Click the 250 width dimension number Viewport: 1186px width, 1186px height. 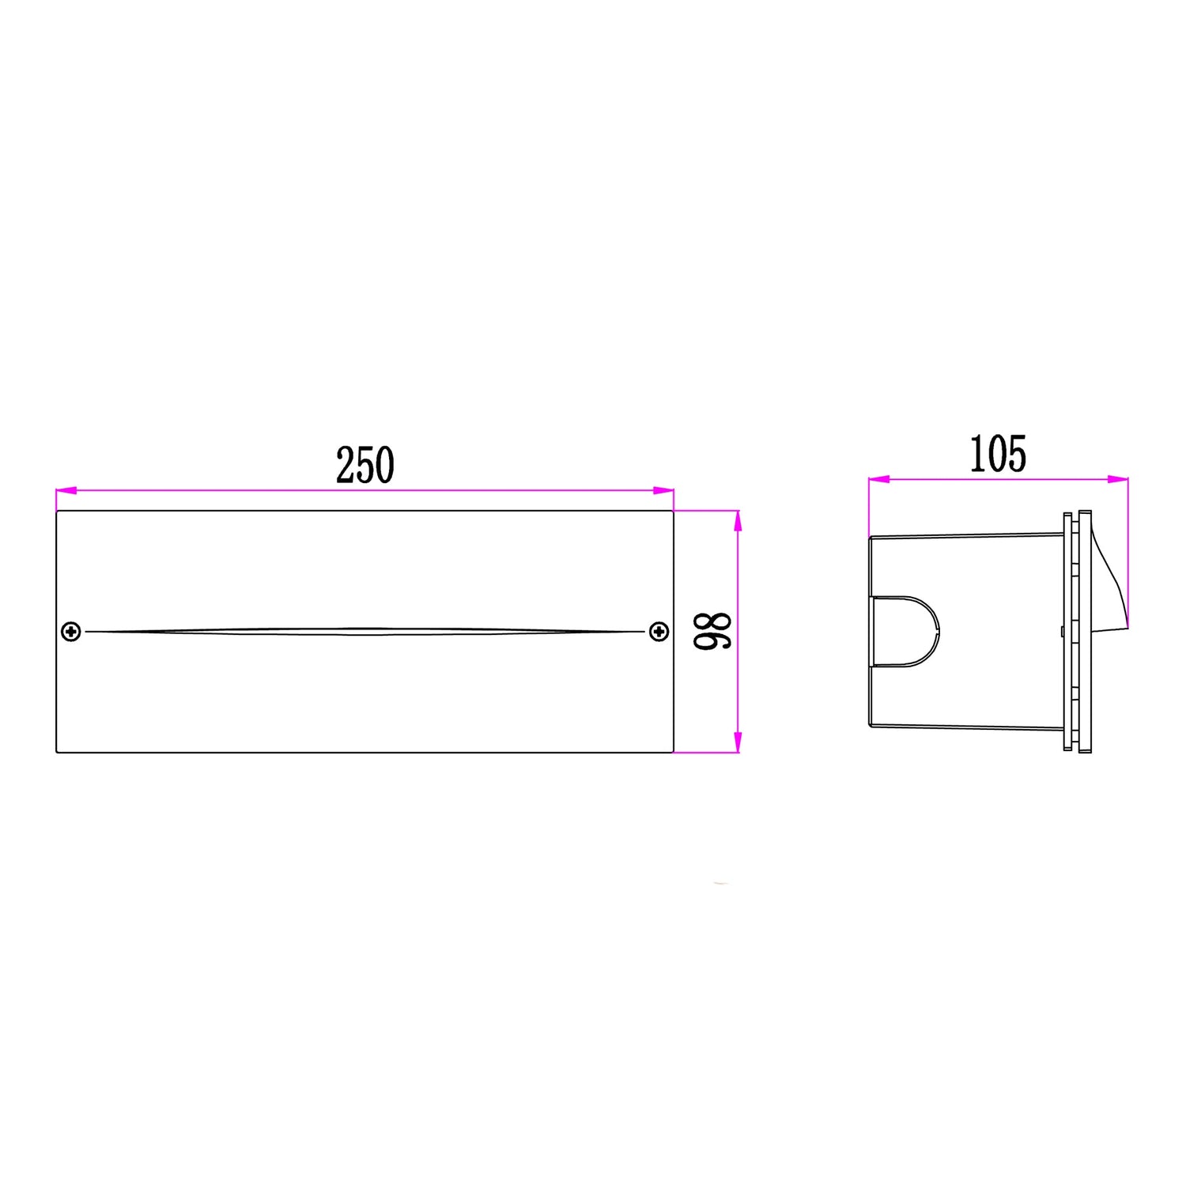(x=365, y=466)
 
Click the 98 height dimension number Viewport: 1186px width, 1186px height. (x=713, y=631)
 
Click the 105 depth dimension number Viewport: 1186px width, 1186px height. (x=998, y=455)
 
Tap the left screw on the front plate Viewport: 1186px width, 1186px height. (x=71, y=632)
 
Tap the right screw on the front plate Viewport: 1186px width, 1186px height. (x=659, y=632)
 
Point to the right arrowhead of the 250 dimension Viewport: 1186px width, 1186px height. (x=663, y=491)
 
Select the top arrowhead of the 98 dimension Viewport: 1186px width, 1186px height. (x=738, y=521)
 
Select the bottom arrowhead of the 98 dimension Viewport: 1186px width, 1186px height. (x=738, y=742)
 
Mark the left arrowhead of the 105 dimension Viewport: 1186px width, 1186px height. (x=879, y=479)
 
